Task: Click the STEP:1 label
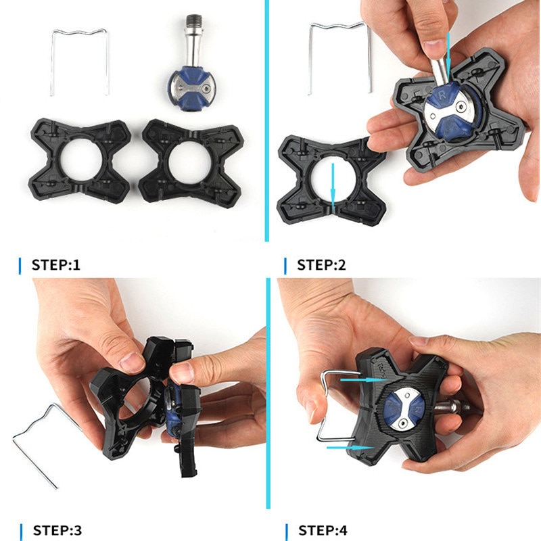55,264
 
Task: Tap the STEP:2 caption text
321,264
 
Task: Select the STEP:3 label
55,530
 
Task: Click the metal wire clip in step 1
79,31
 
